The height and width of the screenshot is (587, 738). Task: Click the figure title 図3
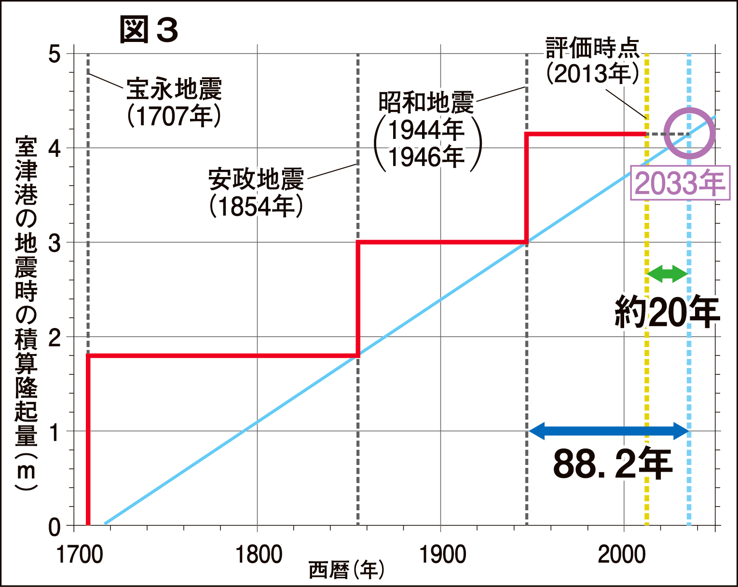[x=149, y=30]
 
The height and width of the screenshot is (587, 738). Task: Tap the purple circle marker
[x=689, y=133]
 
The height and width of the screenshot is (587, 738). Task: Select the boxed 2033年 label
[x=680, y=183]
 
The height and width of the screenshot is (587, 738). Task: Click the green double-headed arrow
[x=667, y=274]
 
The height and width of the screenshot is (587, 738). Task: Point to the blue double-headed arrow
[x=609, y=431]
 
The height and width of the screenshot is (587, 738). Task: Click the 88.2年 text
[x=612, y=464]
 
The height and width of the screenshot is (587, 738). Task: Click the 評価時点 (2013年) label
[x=593, y=61]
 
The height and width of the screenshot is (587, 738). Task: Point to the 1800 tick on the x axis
[x=258, y=555]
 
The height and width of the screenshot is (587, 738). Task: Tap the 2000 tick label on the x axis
[x=622, y=555]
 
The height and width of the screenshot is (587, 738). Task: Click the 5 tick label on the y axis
[x=55, y=54]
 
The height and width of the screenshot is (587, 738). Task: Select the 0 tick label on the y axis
[x=55, y=527]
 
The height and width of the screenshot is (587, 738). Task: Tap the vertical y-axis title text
[x=26, y=314]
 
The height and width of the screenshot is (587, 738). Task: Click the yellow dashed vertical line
[x=646, y=338]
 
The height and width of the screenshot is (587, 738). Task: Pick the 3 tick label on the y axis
[x=55, y=243]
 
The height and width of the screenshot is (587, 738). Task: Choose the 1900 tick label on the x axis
[x=442, y=555]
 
